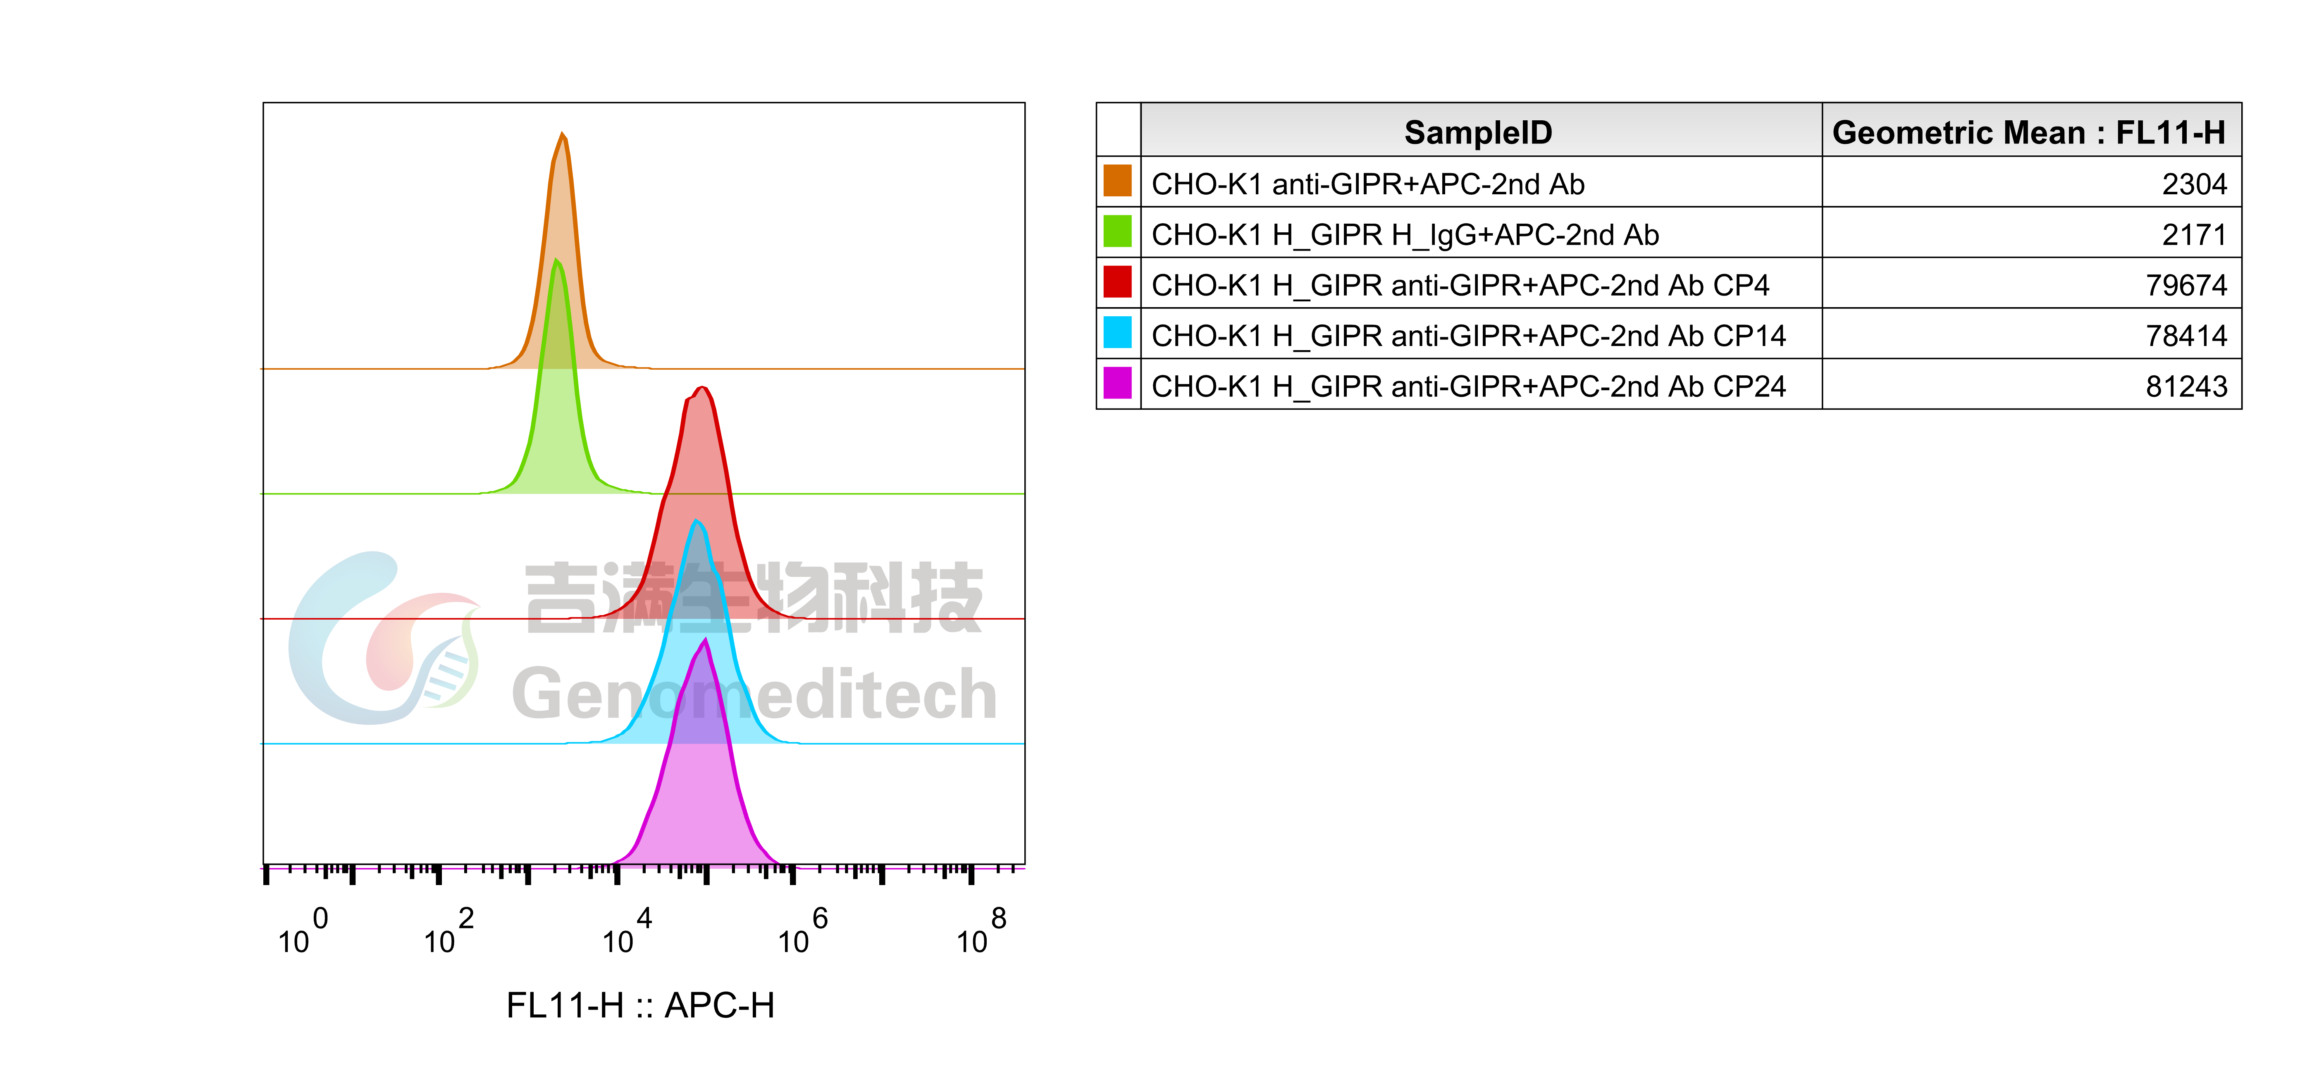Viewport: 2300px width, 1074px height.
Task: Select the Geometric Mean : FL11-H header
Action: pos(2028,132)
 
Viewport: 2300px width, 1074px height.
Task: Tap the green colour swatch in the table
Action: pos(1117,231)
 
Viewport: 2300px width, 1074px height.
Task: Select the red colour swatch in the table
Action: pos(1117,282)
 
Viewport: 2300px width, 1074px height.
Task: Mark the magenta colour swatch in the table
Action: pos(1117,383)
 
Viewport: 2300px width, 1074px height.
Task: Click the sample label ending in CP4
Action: pos(1460,286)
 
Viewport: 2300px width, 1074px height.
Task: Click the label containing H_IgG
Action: pos(1405,235)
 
